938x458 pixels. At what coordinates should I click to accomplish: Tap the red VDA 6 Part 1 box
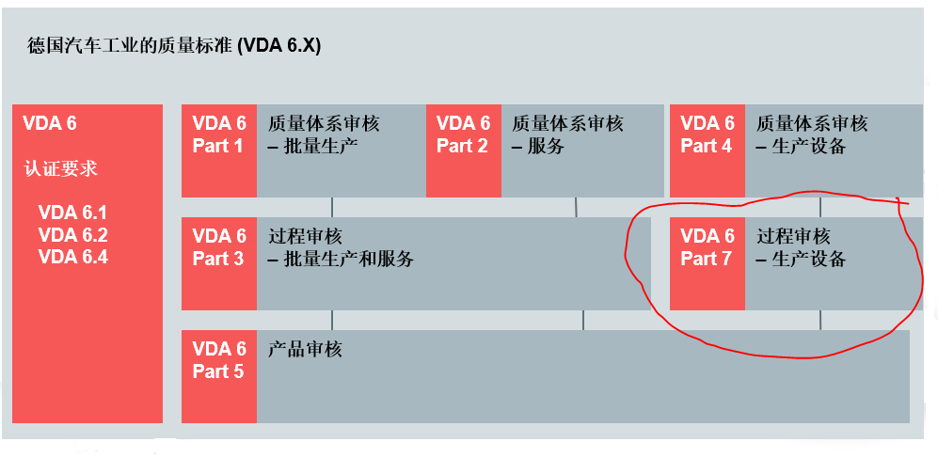(218, 150)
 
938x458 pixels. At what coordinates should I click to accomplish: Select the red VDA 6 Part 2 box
(463, 150)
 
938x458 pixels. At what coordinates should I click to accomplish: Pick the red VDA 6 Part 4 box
(707, 150)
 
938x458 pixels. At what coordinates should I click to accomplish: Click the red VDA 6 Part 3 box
(218, 263)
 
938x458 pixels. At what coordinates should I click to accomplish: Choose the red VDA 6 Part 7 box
(707, 263)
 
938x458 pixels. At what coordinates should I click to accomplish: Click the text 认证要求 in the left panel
(61, 169)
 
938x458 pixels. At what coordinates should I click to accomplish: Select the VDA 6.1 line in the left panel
(73, 213)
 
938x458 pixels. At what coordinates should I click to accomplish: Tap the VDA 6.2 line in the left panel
(73, 235)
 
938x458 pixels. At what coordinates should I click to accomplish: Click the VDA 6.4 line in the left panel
(73, 256)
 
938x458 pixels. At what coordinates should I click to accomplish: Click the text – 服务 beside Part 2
(538, 147)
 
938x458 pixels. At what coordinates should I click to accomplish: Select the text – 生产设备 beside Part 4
(801, 147)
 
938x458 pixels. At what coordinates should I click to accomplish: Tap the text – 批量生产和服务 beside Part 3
(341, 260)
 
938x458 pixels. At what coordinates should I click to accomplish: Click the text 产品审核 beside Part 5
(305, 350)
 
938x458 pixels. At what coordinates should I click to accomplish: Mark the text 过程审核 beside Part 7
(793, 236)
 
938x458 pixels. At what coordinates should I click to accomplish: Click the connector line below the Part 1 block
(332, 207)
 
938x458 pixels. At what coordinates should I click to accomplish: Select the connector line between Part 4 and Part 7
(820, 207)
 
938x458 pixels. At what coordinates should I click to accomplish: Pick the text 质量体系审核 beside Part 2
(567, 123)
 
